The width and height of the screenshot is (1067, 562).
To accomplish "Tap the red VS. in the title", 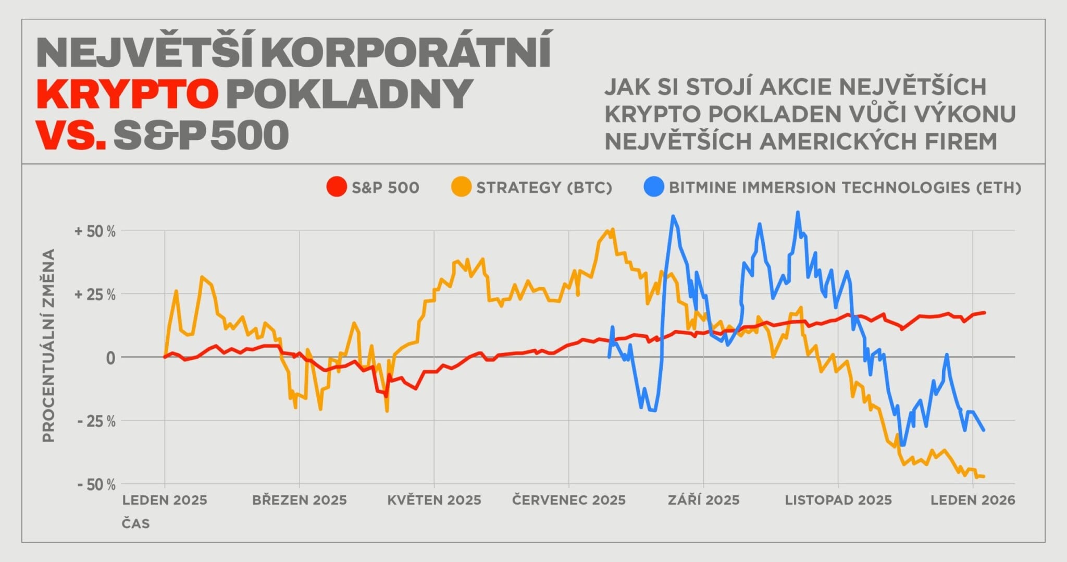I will tap(71, 134).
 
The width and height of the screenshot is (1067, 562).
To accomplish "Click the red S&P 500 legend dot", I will tap(337, 187).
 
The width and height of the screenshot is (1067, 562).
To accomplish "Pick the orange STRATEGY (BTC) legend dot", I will tap(461, 187).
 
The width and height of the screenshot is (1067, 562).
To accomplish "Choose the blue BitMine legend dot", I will tap(654, 187).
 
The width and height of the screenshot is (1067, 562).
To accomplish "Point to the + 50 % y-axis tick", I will tap(95, 231).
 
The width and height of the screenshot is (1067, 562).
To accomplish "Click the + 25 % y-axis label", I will tap(95, 295).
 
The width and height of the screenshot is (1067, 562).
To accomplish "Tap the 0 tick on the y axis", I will tap(110, 358).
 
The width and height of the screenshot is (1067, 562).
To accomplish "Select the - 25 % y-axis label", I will tap(96, 421).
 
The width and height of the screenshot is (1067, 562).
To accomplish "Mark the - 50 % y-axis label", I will tap(96, 485).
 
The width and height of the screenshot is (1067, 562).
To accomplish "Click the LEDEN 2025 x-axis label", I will tap(165, 500).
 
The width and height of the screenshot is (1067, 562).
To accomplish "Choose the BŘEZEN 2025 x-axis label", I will tap(300, 500).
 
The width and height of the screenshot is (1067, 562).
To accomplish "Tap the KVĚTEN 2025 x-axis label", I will tap(434, 500).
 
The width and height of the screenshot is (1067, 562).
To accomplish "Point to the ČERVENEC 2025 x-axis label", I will tap(569, 500).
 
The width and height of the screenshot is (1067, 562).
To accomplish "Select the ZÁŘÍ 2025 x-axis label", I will tap(704, 500).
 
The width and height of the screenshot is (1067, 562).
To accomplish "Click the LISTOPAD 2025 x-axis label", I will tap(838, 500).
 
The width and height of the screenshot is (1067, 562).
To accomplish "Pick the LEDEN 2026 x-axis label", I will tap(973, 500).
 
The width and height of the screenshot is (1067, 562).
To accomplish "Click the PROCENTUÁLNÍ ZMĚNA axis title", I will tap(49, 346).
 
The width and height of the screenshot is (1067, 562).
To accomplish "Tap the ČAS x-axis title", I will tap(136, 523).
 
